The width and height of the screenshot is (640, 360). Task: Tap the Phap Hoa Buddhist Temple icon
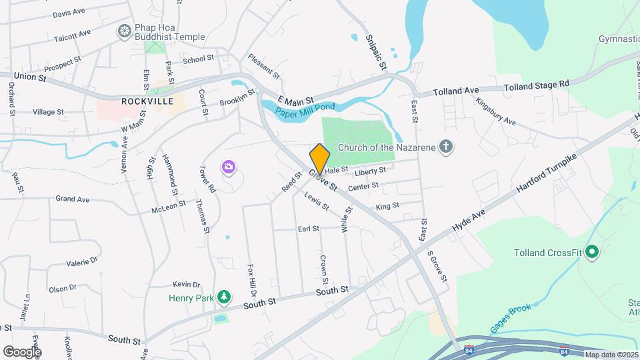(124, 31)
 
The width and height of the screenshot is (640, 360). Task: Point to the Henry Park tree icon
(225, 297)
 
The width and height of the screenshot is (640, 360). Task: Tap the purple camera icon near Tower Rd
(229, 167)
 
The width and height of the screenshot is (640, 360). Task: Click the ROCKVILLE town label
(147, 101)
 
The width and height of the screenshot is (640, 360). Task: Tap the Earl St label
(308, 229)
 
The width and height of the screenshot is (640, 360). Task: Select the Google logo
(23, 351)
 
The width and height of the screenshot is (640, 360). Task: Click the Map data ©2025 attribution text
(611, 355)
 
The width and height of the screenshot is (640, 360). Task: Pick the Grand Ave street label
(72, 199)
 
